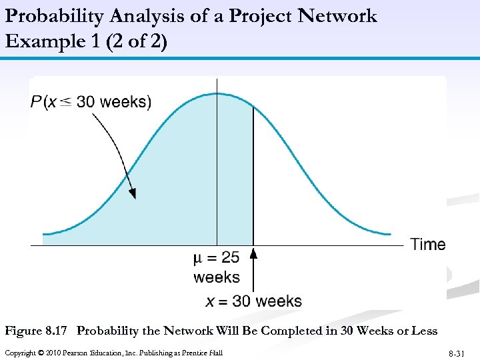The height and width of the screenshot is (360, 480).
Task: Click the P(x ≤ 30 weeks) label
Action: tap(91, 102)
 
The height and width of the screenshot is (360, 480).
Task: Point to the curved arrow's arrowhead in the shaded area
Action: tap(133, 193)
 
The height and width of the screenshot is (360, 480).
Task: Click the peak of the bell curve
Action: tap(217, 93)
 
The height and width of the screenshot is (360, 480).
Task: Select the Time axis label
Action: tap(428, 245)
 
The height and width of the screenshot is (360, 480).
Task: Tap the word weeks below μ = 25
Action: tap(217, 277)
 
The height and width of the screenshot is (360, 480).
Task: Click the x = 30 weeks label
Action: tap(253, 301)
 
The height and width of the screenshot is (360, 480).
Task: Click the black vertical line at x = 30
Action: tap(253, 173)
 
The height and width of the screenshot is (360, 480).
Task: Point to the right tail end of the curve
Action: tap(390, 234)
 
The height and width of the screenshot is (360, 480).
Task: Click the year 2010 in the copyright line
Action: tap(48, 353)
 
